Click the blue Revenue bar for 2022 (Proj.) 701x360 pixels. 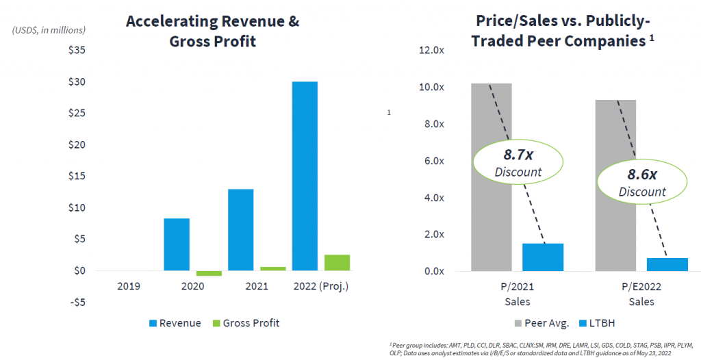point(305,176)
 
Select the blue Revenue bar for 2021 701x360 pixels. point(240,229)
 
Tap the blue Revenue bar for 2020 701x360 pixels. point(177,244)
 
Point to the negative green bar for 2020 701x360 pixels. point(208,273)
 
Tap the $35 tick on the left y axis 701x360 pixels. point(77,51)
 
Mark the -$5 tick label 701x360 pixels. point(77,302)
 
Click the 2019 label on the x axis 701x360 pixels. point(128,286)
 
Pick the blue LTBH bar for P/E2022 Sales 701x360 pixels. point(667,264)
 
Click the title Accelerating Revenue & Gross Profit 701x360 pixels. point(212,31)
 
